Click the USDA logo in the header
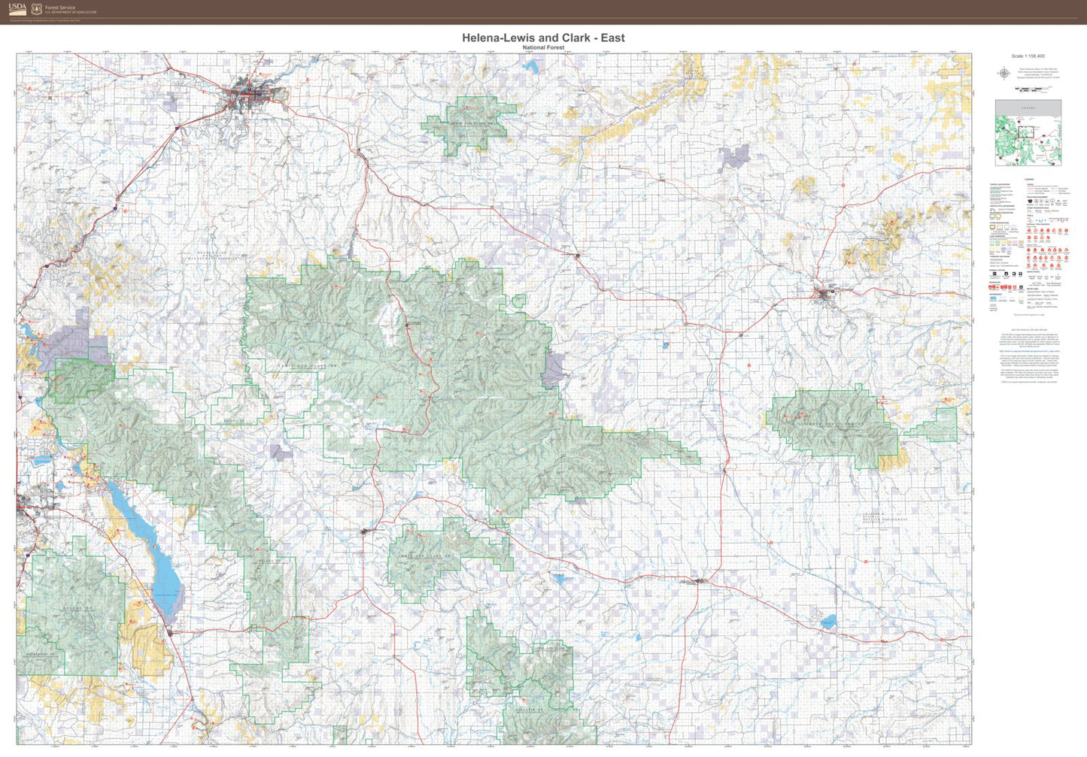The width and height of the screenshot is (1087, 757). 17,9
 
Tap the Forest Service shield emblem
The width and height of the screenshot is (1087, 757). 36,10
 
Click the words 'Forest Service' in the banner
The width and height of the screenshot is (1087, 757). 60,8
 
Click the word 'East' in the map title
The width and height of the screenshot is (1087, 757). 612,38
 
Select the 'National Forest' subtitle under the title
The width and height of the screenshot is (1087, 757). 543,47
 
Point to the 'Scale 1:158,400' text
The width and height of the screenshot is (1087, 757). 1028,56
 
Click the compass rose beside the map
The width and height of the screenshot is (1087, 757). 1004,73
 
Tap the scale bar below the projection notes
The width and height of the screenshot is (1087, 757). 1031,89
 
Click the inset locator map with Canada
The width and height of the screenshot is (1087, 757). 1028,132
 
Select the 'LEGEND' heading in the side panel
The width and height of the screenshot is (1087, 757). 1029,179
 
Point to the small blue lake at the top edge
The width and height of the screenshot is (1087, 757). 533,66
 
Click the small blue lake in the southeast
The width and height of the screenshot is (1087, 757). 827,622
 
